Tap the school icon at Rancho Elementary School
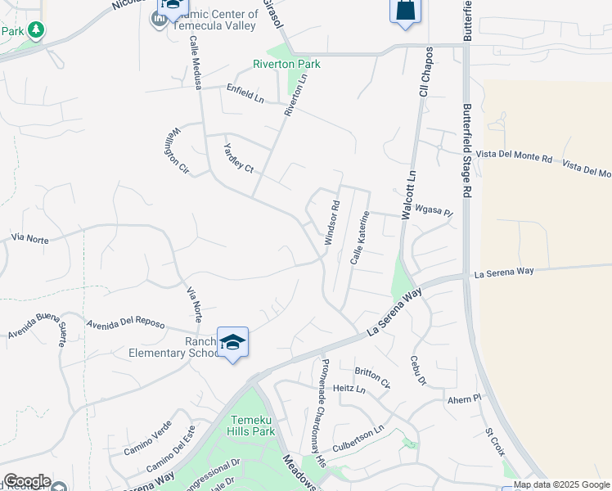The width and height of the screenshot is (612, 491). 232,342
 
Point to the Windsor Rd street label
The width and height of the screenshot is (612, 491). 331,223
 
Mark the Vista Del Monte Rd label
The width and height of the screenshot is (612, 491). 515,156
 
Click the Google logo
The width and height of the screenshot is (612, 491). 27,481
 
